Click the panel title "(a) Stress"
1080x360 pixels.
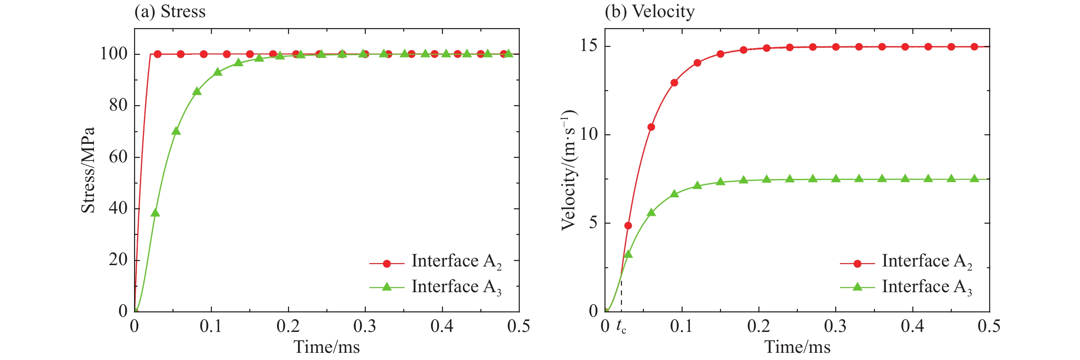170,12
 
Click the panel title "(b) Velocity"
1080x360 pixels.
649,12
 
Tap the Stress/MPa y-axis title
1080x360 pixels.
88,170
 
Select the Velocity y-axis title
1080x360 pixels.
569,170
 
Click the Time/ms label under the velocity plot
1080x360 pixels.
797,347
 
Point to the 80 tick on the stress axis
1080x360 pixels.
118,105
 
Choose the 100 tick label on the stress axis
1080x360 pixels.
113,54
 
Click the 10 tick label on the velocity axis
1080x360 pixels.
589,134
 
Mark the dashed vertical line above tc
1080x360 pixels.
621,293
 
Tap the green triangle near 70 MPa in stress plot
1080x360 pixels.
176,131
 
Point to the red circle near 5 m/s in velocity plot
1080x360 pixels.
628,225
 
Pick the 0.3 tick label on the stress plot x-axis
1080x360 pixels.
365,326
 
